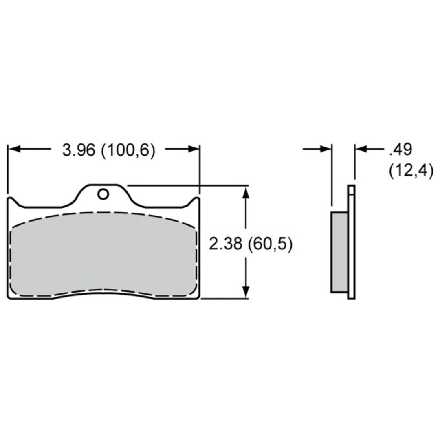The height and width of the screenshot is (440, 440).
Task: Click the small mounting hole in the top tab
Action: (103, 194)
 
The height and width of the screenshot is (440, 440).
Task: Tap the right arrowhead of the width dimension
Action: (194, 150)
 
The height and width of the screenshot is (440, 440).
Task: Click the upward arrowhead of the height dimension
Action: (245, 192)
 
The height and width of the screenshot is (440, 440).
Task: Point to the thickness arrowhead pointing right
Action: (327, 150)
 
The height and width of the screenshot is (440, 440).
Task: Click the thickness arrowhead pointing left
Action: (360, 150)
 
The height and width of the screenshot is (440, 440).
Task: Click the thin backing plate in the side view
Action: (351, 244)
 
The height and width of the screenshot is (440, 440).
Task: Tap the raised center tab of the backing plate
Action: (103, 191)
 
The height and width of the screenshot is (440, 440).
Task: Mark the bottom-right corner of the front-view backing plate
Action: (198, 298)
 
